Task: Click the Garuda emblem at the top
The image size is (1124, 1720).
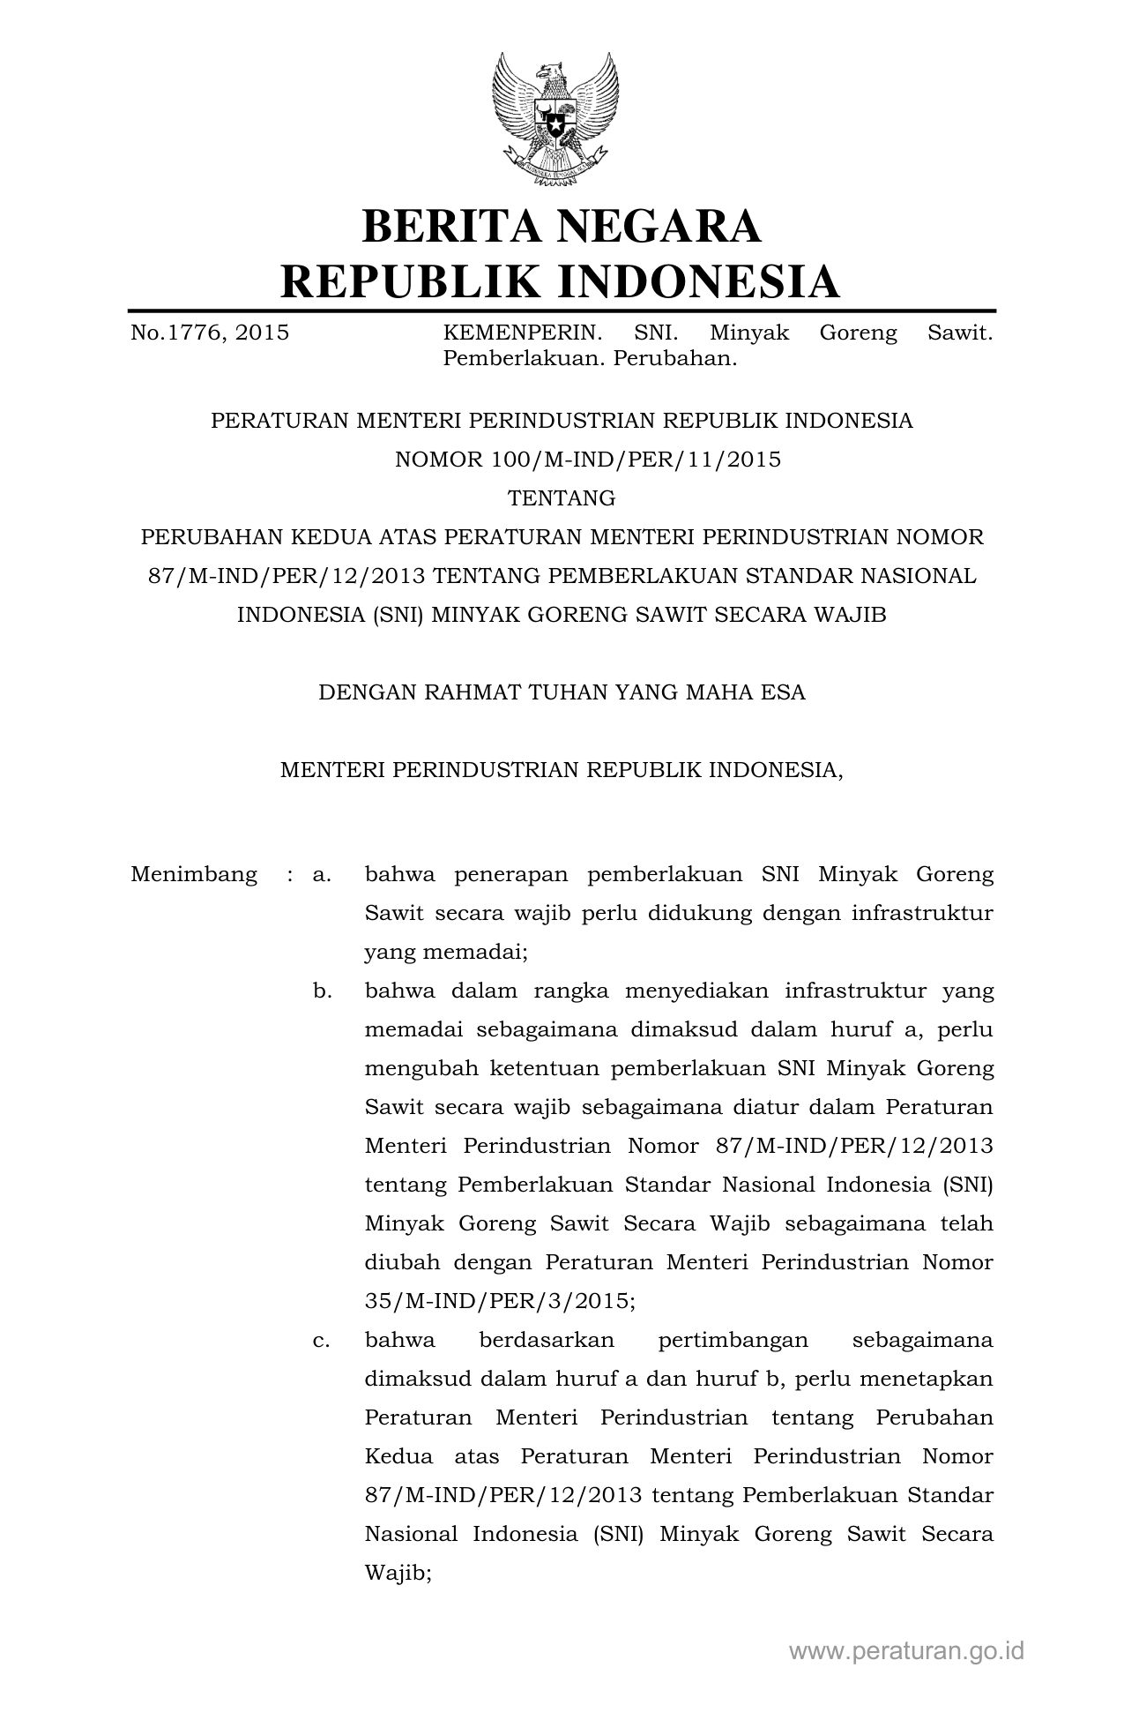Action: (x=555, y=119)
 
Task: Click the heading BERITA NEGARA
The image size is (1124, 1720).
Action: (x=561, y=226)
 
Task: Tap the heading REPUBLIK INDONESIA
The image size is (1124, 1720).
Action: (x=561, y=281)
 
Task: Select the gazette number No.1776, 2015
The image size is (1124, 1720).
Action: (x=210, y=333)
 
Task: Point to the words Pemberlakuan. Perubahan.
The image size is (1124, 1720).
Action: (x=589, y=359)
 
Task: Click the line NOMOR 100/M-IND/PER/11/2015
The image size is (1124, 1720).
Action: (x=588, y=460)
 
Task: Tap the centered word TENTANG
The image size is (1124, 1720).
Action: (x=562, y=498)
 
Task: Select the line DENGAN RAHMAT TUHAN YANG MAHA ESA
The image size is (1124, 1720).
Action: (x=562, y=692)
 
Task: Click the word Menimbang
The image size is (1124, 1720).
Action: (x=194, y=875)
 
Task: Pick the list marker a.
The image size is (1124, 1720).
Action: (x=322, y=875)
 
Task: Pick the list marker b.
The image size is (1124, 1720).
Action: (x=322, y=991)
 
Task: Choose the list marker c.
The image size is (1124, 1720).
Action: (x=322, y=1341)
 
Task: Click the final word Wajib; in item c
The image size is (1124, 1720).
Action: (x=398, y=1573)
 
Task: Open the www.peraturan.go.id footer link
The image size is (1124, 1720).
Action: (x=906, y=1651)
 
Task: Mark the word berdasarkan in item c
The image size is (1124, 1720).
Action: (x=547, y=1341)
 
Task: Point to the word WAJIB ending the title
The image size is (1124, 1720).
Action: (x=853, y=615)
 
